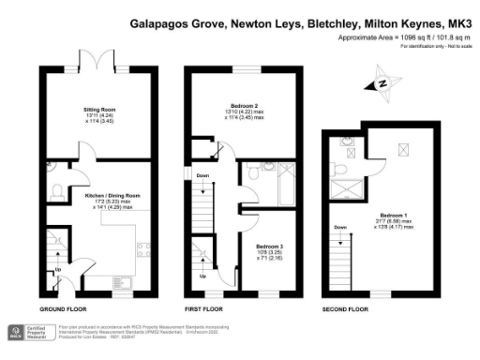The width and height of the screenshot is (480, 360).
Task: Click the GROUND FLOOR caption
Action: [64, 307]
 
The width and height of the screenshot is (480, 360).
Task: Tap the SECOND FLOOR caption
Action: [345, 307]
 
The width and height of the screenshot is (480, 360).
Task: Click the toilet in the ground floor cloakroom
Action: [56, 191]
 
